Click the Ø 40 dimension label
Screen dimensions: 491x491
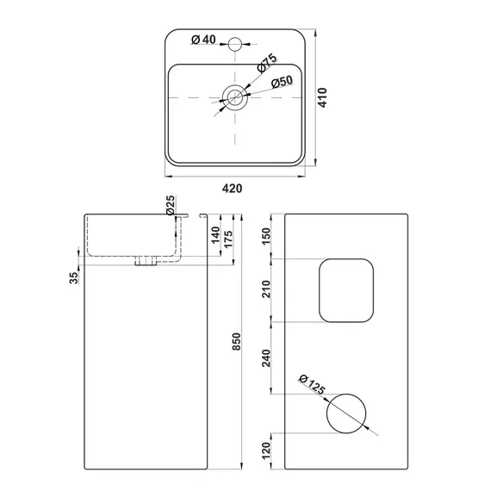pos(203,40)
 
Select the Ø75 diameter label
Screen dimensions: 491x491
pos(267,63)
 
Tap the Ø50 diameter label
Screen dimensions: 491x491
pos(283,82)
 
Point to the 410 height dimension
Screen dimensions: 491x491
pos(322,97)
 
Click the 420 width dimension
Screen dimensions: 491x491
pos(232,189)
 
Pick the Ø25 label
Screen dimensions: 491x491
pos(171,205)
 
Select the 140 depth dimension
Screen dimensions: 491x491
pos(215,235)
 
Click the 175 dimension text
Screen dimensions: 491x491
pos(228,239)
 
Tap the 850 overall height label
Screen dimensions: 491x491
pos(237,341)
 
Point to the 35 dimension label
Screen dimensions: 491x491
pos(73,277)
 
